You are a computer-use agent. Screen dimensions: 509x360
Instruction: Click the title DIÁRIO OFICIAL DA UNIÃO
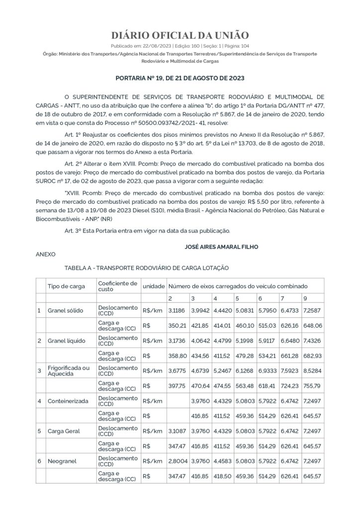point(180,35)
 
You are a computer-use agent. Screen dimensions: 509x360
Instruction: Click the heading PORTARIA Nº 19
point(180,79)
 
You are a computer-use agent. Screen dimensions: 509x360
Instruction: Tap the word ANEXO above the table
point(46,254)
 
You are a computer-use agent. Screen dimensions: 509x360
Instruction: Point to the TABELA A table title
point(147,268)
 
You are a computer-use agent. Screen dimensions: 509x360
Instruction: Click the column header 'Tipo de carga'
point(66,286)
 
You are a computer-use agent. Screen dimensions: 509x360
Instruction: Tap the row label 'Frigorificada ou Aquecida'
point(69,370)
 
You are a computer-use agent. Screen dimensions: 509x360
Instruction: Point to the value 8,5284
point(312,370)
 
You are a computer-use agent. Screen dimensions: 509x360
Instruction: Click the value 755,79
point(312,386)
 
